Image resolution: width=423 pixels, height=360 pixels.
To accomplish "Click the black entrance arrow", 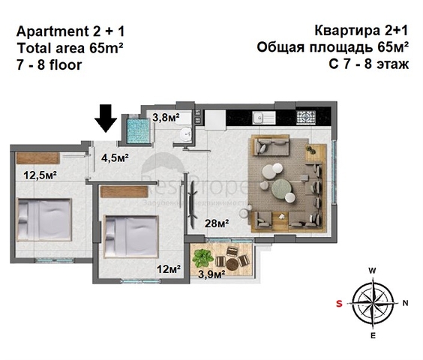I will coord(105,118).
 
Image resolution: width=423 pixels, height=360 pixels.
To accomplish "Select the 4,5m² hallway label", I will coord(115,157).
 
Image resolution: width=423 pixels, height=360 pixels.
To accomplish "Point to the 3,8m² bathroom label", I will coord(166,117).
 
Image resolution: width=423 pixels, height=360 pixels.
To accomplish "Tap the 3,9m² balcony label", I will coord(212,274).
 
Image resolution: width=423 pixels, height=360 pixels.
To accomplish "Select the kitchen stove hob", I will coord(306,118).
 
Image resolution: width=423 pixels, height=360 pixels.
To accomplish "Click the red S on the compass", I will coord(339,303).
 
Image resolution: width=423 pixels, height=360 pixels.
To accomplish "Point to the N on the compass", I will coord(406,303).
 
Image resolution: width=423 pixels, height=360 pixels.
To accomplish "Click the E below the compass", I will coord(373,336).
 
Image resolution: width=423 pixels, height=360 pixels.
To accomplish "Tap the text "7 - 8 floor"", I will coord(49,64).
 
